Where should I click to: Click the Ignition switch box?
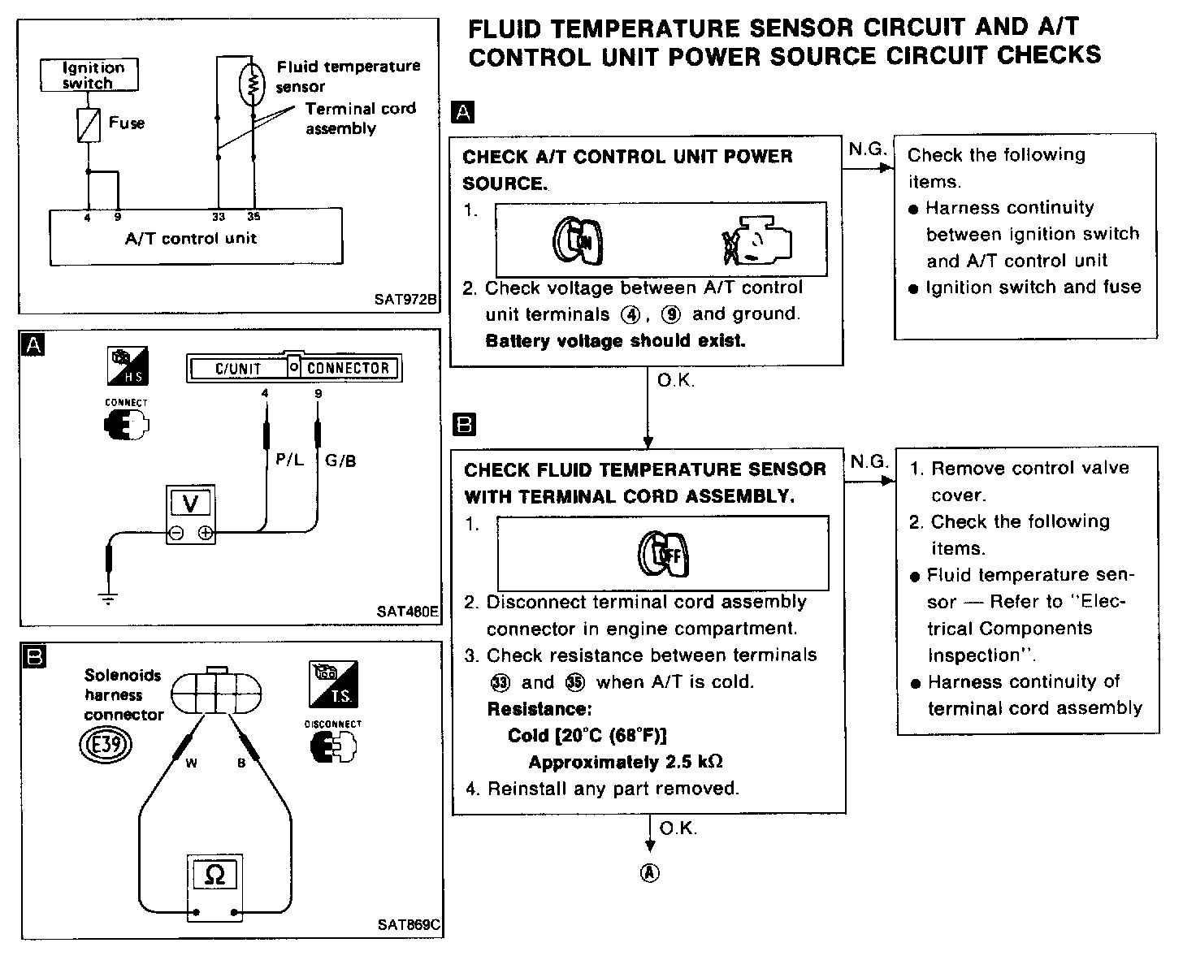pyautogui.click(x=89, y=75)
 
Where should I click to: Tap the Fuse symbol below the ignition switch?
pyautogui.click(x=89, y=125)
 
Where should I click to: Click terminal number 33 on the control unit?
pyautogui.click(x=219, y=217)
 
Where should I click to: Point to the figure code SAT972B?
pyautogui.click(x=405, y=300)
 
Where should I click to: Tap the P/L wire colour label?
pyautogui.click(x=289, y=460)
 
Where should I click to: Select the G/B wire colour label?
pyautogui.click(x=340, y=461)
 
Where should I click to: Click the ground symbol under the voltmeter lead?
pyautogui.click(x=108, y=599)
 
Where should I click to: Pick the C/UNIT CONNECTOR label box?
pyautogui.click(x=295, y=368)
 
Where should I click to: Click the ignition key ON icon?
pyautogui.click(x=578, y=240)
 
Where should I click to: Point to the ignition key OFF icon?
pyautogui.click(x=663, y=554)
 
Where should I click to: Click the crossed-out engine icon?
pyautogui.click(x=756, y=240)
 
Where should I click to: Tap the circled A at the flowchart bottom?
pyautogui.click(x=650, y=872)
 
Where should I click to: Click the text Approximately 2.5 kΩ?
pyautogui.click(x=626, y=762)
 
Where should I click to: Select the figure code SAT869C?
pyautogui.click(x=409, y=924)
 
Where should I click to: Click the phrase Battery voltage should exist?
pyautogui.click(x=615, y=341)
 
